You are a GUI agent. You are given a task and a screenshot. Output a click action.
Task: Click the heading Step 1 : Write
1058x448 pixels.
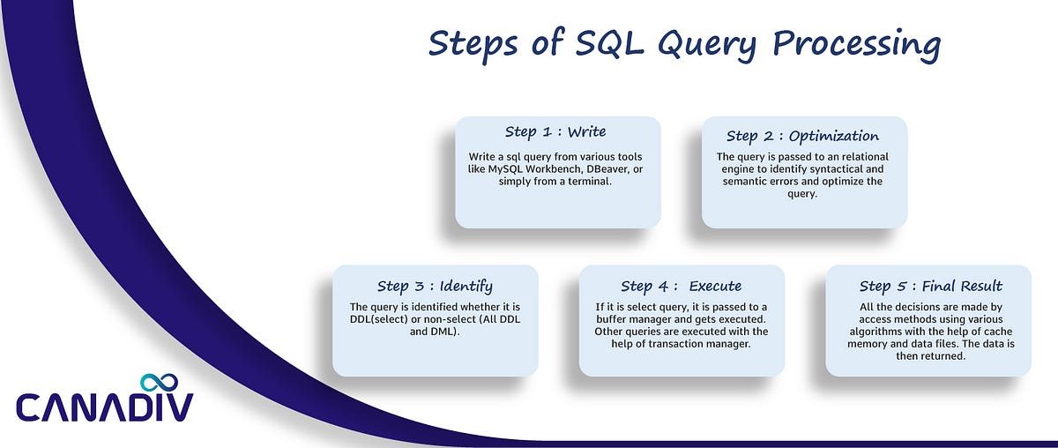coord(555,131)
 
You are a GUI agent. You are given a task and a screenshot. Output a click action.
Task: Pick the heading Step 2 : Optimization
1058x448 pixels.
coord(802,136)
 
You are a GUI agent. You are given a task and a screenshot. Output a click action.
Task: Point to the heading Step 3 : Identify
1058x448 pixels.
coord(435,286)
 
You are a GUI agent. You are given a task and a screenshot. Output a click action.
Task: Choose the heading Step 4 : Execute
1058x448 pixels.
coord(681,286)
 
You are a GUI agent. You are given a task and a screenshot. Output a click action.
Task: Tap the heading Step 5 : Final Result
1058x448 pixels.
coord(931,286)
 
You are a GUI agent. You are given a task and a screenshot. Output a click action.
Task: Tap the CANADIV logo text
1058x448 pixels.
coord(104,408)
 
